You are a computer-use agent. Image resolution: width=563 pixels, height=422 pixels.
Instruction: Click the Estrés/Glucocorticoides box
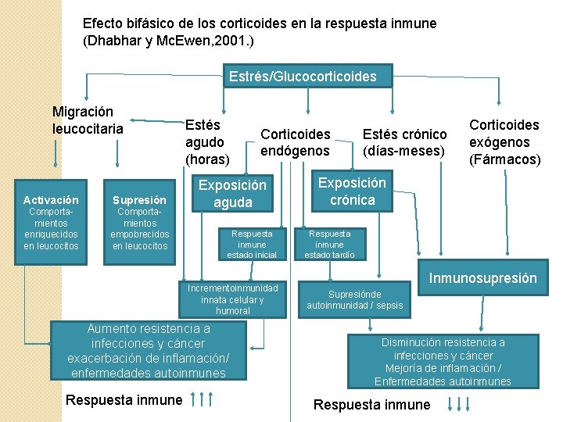pos(303,77)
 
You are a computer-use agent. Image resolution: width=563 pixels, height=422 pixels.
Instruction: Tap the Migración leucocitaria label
pos(88,120)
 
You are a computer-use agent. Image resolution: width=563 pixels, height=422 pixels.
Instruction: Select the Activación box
pos(51,223)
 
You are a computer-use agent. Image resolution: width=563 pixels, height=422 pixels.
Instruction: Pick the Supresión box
pos(139,223)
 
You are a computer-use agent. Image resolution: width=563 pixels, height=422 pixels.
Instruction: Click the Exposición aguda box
pos(233,194)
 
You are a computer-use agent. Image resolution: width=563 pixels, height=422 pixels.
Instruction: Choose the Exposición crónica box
pos(352,191)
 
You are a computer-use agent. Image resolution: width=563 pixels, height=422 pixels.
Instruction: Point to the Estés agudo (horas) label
pos(206,141)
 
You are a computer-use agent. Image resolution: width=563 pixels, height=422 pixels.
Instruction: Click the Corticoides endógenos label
pos(296,141)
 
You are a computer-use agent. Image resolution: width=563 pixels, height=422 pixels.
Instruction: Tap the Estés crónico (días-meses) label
pos(404,141)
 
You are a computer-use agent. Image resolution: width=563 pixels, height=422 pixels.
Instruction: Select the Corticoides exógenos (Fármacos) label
pos(504,141)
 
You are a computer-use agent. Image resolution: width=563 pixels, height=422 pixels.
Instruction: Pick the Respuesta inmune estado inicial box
pos(251,244)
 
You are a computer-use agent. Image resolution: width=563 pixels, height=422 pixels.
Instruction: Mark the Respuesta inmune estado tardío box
pos(330,244)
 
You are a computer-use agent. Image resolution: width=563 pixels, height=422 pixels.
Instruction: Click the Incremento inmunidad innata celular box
pos(232,299)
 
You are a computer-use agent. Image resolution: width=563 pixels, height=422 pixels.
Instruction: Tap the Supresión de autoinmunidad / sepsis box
pos(354,299)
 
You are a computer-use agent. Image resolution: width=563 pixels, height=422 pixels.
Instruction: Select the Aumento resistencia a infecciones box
pos(148,351)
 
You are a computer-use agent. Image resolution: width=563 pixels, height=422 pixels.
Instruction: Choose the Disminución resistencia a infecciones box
pos(443,362)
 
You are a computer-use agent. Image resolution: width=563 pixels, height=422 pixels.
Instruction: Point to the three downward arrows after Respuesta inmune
pos(458,404)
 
